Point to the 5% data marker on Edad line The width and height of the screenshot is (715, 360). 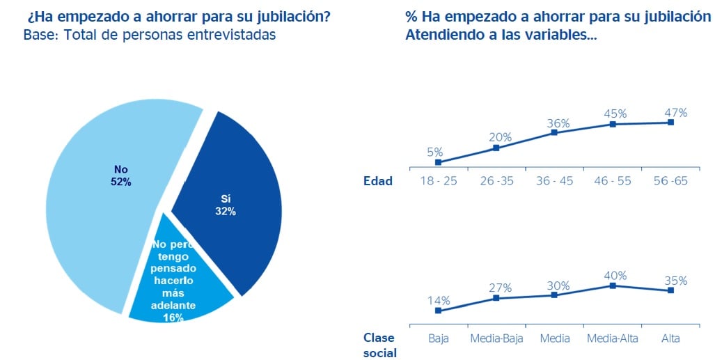[x=438, y=162]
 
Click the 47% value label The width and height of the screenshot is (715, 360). [x=675, y=112]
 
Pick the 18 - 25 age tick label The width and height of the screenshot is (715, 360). [x=438, y=181]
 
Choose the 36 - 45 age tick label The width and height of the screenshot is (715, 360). [x=554, y=181]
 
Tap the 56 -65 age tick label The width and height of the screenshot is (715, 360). [x=670, y=181]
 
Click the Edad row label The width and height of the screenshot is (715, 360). [x=378, y=181]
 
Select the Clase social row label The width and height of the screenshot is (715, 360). [x=379, y=345]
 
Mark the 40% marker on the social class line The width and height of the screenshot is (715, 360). [x=613, y=285]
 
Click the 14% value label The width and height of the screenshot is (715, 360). [x=439, y=301]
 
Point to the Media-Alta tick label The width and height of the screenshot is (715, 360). [x=613, y=338]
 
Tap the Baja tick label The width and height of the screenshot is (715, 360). [x=438, y=338]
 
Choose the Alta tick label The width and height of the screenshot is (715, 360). [x=670, y=338]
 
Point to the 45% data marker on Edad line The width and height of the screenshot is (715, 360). [x=613, y=124]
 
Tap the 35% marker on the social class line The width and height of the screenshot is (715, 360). [x=670, y=290]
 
